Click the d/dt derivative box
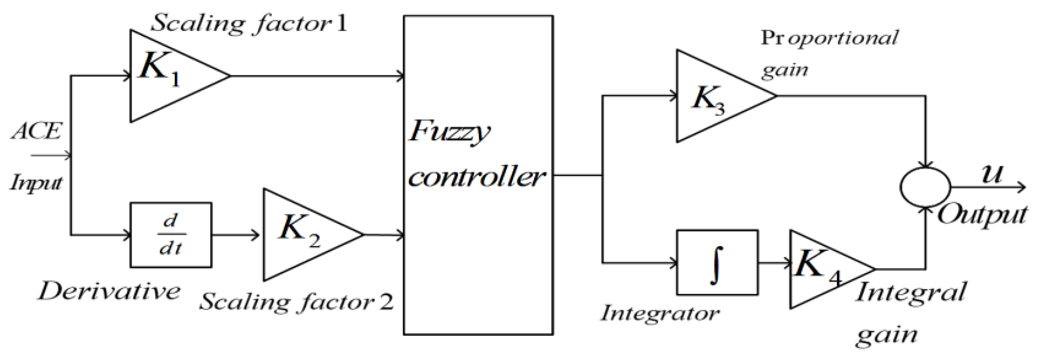tap(171, 235)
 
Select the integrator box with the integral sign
tap(717, 263)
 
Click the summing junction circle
tap(925, 187)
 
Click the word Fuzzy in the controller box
tap(449, 131)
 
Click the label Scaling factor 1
tap(249, 23)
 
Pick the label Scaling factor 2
tap(296, 302)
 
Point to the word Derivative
tap(109, 291)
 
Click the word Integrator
tap(659, 313)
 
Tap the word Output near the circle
tap(982, 215)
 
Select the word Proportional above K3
tap(829, 38)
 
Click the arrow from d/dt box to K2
tap(236, 235)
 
